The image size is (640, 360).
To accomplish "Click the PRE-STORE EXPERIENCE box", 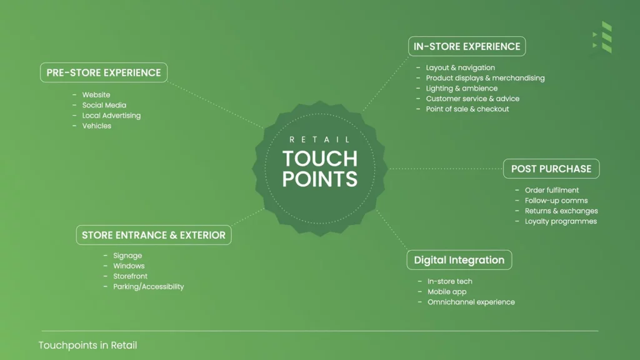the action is [104, 72].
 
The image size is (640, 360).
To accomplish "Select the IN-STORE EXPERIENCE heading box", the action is [467, 46].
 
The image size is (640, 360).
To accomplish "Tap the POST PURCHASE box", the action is [551, 169].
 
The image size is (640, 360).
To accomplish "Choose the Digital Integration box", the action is [459, 260].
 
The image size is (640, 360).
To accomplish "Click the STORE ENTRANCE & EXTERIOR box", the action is [154, 235].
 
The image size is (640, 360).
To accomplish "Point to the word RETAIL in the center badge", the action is [319, 139].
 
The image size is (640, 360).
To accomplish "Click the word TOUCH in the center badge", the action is [320, 159].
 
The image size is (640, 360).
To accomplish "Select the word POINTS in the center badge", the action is [320, 179].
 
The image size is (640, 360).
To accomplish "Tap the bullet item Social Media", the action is [104, 105].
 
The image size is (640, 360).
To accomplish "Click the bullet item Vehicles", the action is [97, 126].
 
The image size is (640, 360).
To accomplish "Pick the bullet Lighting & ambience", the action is [462, 89].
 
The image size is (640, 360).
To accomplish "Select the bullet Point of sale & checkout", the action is [467, 109].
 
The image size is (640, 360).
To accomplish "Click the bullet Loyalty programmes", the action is [561, 221].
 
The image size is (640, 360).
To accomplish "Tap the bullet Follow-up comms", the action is [556, 201].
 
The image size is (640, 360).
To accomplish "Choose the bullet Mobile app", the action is [447, 292].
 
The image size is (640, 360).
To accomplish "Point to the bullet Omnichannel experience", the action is [471, 302].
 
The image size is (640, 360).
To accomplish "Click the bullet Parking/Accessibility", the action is [149, 286].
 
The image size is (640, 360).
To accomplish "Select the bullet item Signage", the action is [127, 256].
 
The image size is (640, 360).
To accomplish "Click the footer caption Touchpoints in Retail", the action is [87, 345].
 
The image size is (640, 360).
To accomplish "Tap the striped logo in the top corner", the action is [602, 37].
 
